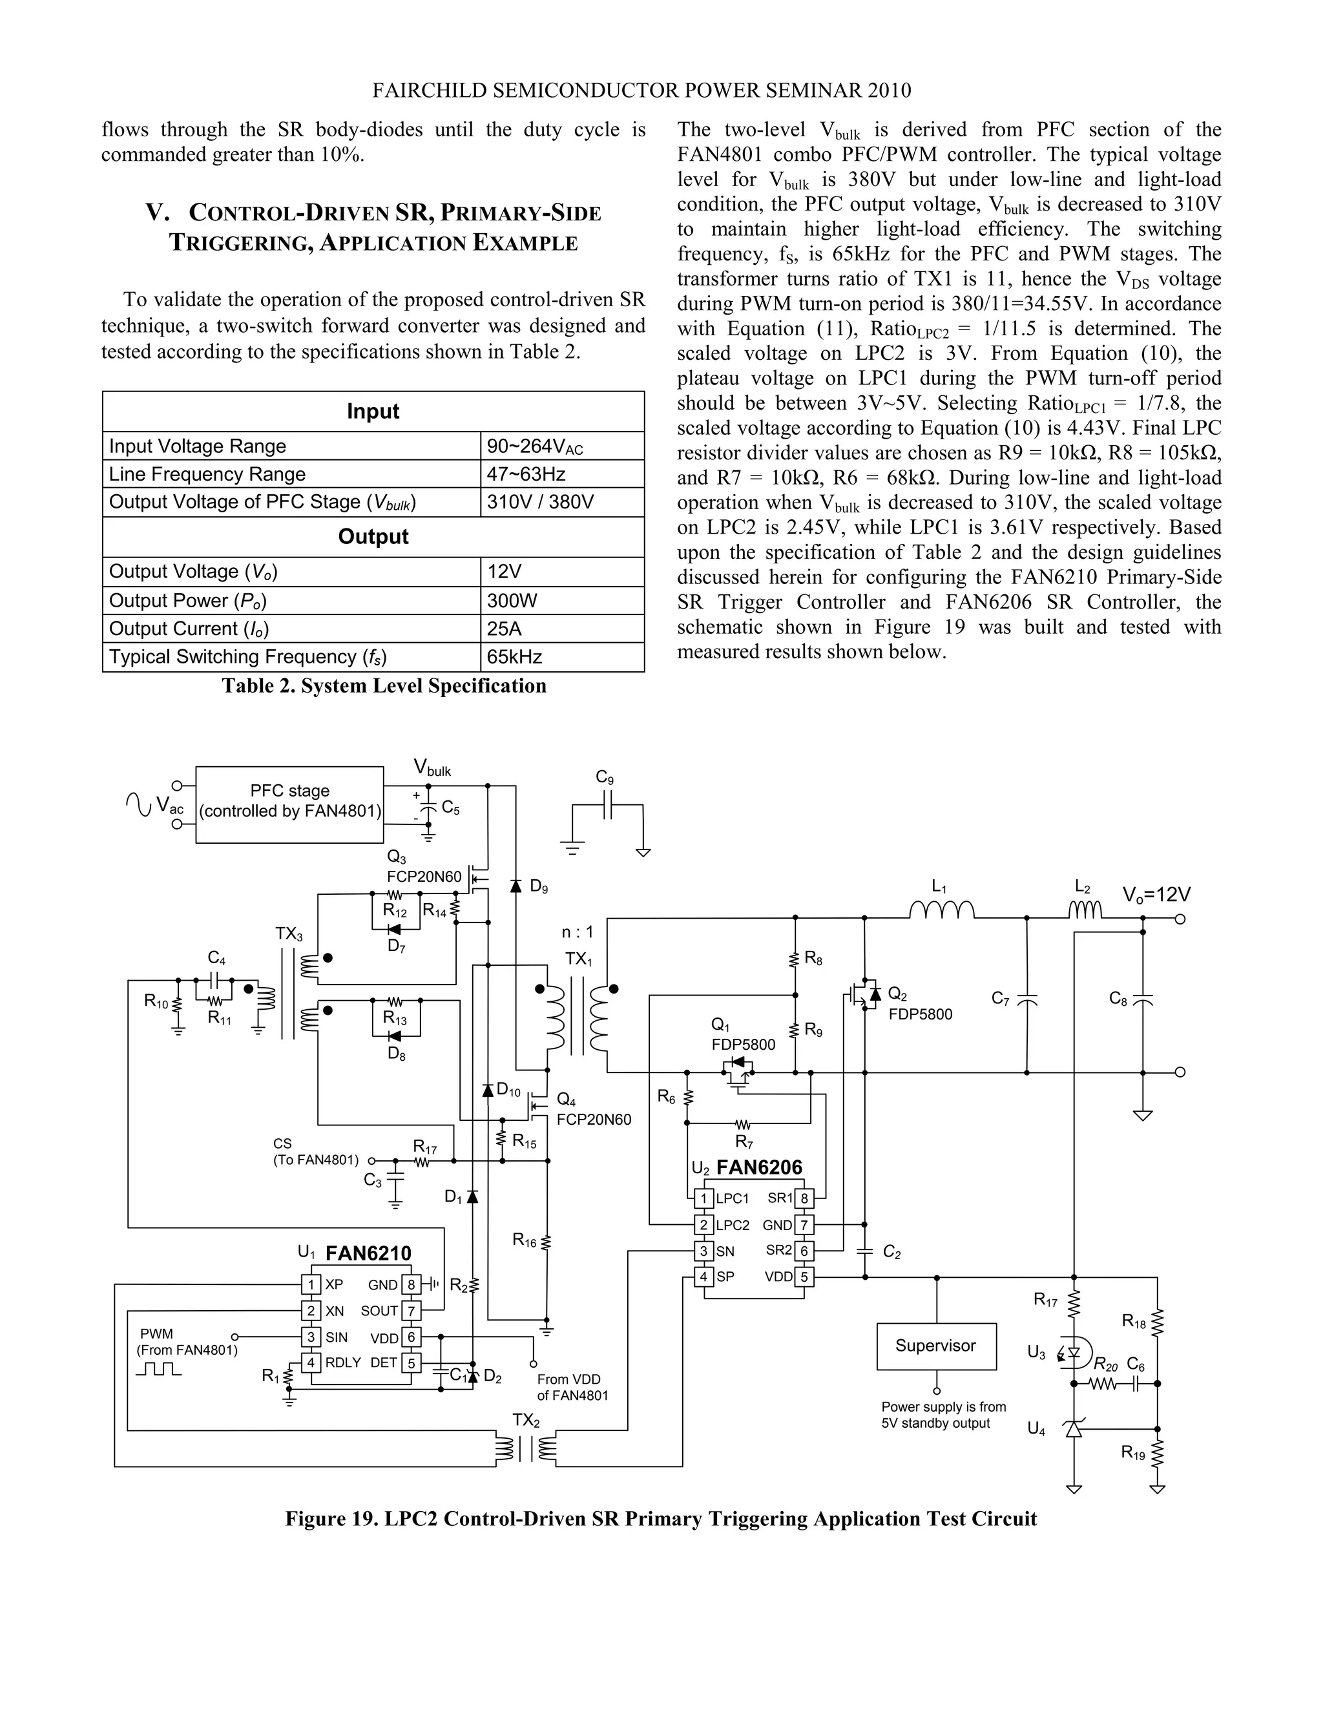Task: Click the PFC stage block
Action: pos(289,804)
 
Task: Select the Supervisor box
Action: pos(936,1346)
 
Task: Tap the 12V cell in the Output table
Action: pos(561,572)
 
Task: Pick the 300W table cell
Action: pos(561,600)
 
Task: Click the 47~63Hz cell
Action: pos(561,474)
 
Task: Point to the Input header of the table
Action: pos(373,412)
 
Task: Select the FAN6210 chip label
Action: pos(368,1253)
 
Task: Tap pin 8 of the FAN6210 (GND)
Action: pos(411,1285)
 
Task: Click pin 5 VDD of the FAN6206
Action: pos(804,1276)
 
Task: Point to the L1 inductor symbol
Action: pos(941,910)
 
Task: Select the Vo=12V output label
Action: pos(1156,894)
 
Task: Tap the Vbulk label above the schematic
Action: pos(432,768)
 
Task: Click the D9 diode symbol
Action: pos(516,886)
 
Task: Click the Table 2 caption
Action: pos(384,686)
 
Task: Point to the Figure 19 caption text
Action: pos(660,1518)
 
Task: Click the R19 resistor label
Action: pos(1132,1452)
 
